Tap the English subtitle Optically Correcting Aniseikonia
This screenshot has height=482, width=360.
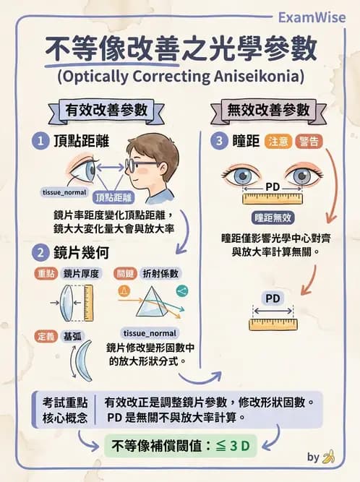[x=179, y=76]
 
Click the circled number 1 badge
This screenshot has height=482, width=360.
[x=40, y=141]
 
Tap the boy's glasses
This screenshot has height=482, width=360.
[x=139, y=165]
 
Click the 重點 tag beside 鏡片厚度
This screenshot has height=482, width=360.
[x=46, y=273]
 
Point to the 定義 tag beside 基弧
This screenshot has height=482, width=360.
[x=46, y=336]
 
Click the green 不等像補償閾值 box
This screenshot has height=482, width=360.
[x=181, y=446]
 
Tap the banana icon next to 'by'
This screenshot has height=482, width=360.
[x=330, y=457]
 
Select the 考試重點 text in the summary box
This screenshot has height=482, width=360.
[x=65, y=402]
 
